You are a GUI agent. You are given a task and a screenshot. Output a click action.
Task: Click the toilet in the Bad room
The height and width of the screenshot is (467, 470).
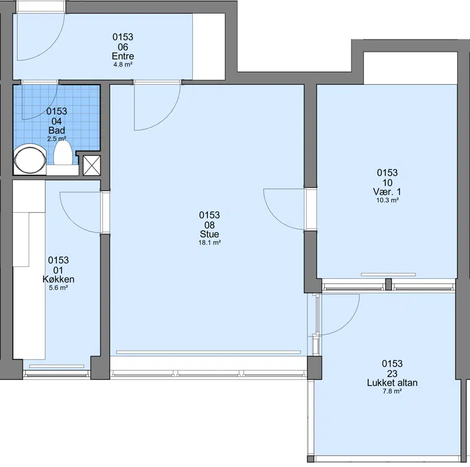coord(63,153)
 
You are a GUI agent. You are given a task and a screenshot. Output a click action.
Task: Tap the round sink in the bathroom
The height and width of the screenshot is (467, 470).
coord(30,159)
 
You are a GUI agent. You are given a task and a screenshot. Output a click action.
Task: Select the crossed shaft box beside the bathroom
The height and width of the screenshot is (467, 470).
coord(92,165)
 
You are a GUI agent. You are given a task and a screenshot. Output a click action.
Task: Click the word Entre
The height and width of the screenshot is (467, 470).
coord(123,56)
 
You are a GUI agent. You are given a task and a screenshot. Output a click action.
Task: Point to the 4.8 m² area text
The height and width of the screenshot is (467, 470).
coord(123,65)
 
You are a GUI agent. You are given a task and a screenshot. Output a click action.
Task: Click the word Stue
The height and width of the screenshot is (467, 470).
coord(210,234)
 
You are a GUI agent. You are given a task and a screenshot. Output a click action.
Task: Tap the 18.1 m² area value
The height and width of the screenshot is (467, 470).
coord(210,242)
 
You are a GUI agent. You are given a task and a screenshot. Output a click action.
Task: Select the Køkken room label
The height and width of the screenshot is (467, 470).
coord(58,279)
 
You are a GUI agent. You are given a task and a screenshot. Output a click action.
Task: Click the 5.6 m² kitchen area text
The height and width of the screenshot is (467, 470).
coord(58,288)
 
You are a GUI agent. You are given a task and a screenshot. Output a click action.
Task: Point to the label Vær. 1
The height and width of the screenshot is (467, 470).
coord(387,192)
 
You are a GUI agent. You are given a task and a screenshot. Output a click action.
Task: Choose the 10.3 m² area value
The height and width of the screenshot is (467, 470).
coord(387,200)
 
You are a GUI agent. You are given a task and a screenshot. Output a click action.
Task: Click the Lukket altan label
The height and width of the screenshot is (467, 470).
coord(392,383)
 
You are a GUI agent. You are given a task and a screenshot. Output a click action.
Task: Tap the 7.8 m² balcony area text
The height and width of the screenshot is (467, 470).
coord(392,391)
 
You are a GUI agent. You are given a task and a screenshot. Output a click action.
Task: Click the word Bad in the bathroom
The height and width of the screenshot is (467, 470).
coord(56,131)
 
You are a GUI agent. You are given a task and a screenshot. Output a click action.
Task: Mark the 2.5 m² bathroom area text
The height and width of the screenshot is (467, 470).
coord(56,139)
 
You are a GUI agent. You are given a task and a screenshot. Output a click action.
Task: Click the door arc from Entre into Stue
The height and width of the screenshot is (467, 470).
coord(167,117)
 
